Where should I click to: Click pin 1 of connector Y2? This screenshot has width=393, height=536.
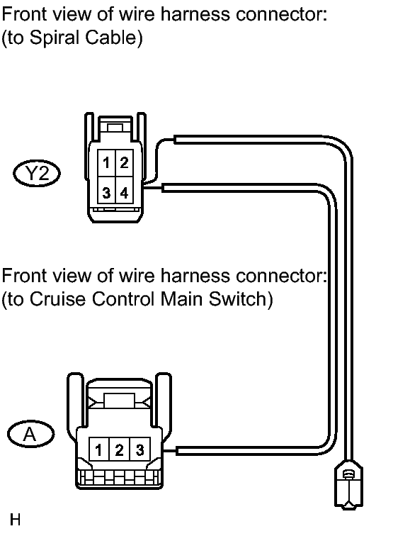tap(106, 163)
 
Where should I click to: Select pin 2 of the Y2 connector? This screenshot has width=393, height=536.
tap(125, 163)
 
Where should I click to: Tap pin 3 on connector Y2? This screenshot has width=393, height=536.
tap(106, 190)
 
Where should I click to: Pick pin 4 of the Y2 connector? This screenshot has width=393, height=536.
tap(125, 190)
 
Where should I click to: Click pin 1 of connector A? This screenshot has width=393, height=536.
tap(98, 450)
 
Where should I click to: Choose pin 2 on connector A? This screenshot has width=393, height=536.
tap(119, 450)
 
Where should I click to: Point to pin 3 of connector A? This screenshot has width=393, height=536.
tap(140, 450)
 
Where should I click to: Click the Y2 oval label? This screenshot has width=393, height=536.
tap(37, 173)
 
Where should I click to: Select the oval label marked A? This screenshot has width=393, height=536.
tap(30, 434)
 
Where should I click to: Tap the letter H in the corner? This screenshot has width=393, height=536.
tap(15, 520)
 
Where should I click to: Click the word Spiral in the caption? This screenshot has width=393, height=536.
tap(55, 38)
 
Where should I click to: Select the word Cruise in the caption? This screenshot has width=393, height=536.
tap(57, 298)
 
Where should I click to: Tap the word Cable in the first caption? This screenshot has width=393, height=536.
tap(110, 37)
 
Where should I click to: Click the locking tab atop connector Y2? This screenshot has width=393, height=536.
tap(115, 128)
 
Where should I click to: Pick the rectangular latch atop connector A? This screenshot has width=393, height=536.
tap(119, 401)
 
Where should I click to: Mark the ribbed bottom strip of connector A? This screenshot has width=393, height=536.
tap(119, 477)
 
